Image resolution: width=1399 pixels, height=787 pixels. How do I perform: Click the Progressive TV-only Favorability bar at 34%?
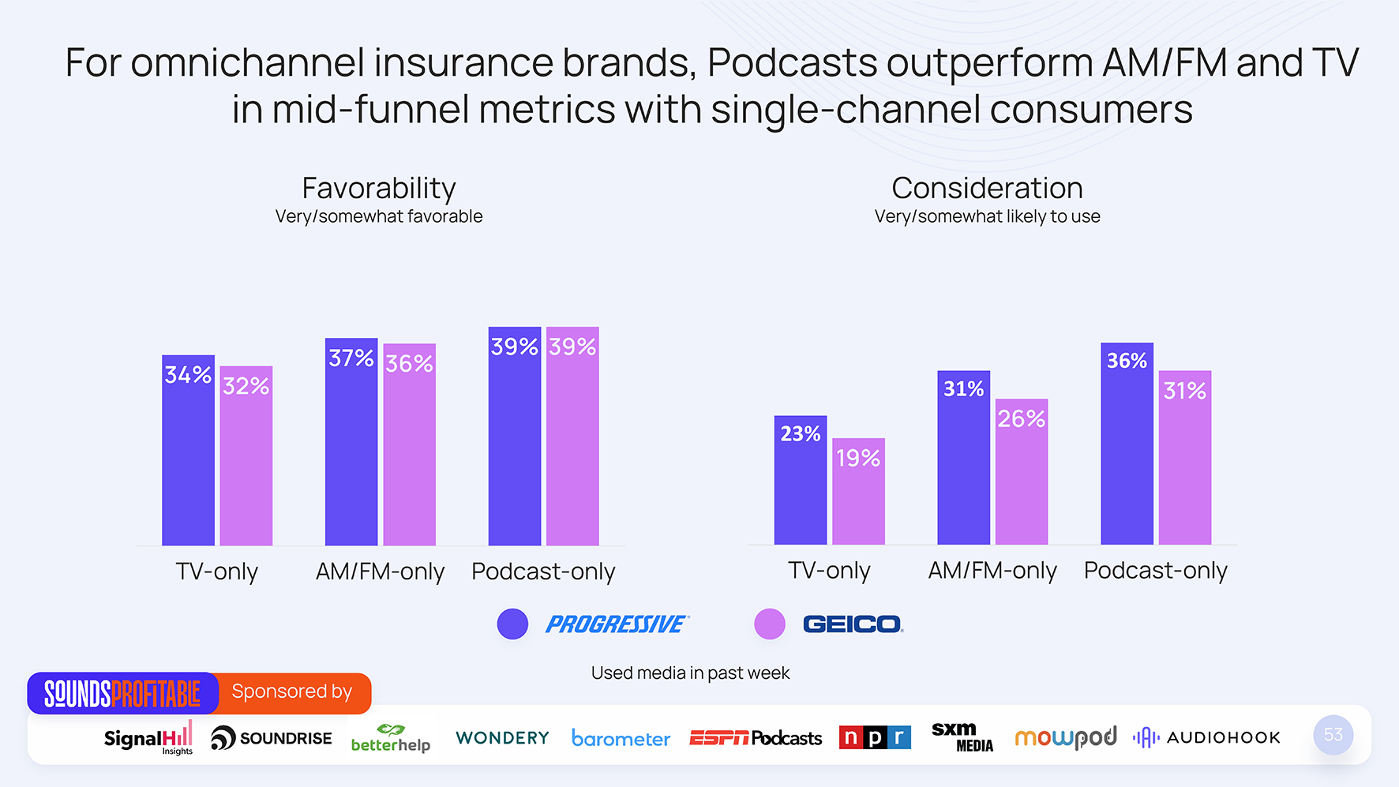188,450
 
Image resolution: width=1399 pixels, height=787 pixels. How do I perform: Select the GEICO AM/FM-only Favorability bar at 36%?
409,444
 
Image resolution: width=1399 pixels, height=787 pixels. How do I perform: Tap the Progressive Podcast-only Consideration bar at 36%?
1127,444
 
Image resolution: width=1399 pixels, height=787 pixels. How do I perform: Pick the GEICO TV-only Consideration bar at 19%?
858,491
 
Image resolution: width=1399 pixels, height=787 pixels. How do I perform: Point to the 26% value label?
1022,418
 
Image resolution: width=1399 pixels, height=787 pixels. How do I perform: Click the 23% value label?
801,433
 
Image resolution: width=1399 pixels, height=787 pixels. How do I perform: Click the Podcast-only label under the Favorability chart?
543,572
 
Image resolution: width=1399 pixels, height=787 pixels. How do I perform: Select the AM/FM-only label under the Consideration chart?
992,571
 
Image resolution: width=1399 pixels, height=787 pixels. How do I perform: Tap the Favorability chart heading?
379,189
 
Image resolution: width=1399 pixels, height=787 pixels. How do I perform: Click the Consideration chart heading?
987,189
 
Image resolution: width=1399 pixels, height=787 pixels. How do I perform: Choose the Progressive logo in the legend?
617,624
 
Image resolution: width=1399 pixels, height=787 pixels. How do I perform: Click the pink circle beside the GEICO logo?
770,624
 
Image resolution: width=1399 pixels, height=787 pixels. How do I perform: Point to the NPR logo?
875,737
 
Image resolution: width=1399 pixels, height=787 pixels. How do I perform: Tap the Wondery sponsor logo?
502,738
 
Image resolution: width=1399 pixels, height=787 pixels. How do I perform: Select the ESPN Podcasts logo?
756,738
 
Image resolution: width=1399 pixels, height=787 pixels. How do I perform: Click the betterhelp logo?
391,738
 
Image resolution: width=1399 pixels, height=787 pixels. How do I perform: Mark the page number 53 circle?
1333,735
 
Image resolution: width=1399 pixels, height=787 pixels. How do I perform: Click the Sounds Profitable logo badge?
122,694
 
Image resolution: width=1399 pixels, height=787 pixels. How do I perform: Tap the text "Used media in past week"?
690,673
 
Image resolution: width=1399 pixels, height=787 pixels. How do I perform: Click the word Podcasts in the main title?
792,63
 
